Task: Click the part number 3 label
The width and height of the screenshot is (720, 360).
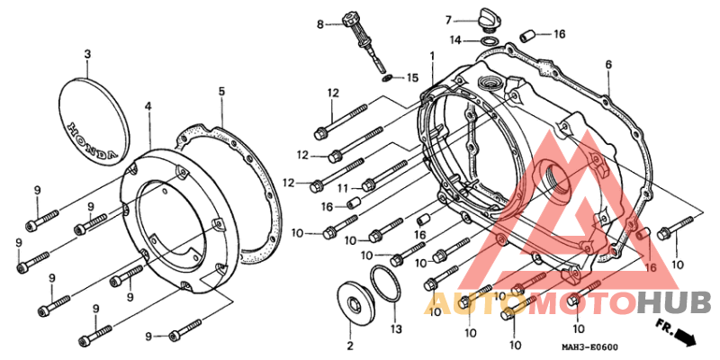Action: [x=87, y=54]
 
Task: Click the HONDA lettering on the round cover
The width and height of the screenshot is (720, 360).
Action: [x=93, y=141]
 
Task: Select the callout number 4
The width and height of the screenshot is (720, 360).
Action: [x=148, y=106]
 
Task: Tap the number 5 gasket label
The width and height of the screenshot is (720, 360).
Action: [x=221, y=92]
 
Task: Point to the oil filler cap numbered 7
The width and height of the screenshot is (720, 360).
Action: [x=488, y=19]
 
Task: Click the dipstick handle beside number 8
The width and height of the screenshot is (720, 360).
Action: [x=350, y=21]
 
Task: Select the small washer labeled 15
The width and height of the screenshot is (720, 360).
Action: [x=388, y=77]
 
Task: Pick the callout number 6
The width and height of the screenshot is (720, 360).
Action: [x=608, y=65]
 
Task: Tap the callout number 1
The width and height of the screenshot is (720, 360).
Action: [x=432, y=56]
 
